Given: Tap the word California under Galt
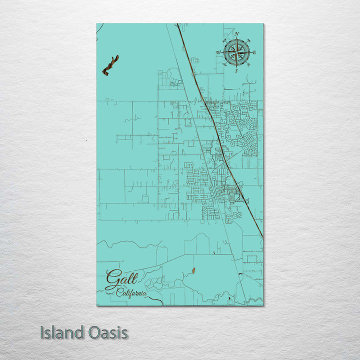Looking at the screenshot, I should pos(131,293).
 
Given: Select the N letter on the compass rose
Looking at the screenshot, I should pos(236,34).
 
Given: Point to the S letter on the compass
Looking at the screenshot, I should pos(236,71).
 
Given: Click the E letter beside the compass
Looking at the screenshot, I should pos(254,52).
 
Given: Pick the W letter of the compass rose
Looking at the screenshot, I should pos(218,52).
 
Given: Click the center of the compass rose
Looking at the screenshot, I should pos(236,52).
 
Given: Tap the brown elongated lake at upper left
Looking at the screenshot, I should pos(110,65).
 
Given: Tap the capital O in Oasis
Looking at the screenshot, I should pos(93,333).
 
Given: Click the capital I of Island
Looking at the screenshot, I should pos(43,333).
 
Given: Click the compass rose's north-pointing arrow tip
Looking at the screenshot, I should pos(236,39).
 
